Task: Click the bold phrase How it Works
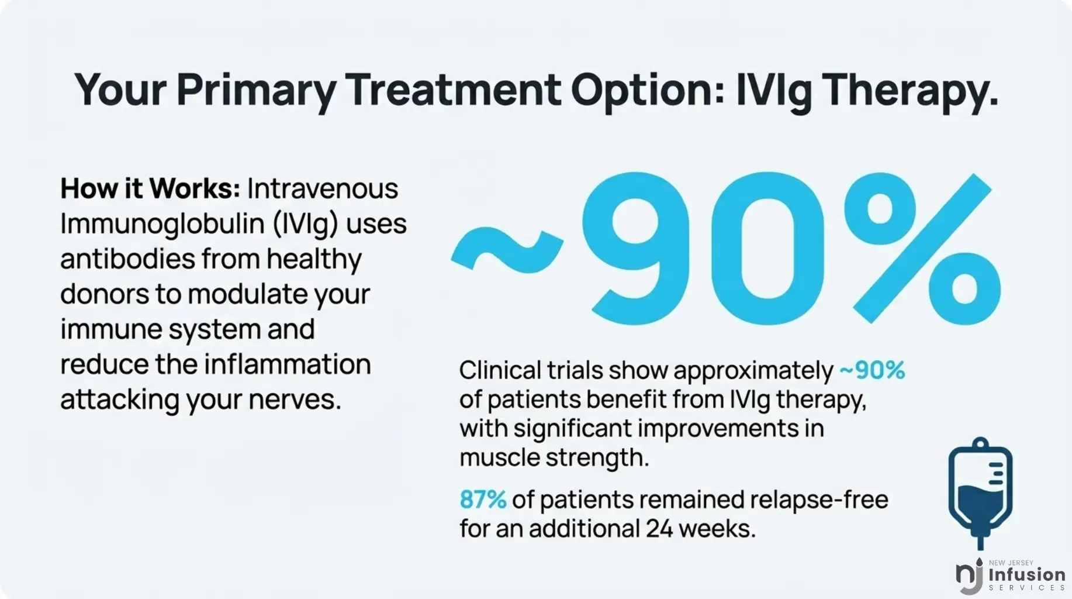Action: [x=150, y=189]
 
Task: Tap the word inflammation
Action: [x=287, y=364]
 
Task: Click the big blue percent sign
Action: [x=922, y=248]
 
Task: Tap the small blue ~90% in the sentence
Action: [x=872, y=370]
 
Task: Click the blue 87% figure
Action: [x=483, y=500]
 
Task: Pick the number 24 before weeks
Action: [x=658, y=529]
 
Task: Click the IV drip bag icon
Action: [x=980, y=491]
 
